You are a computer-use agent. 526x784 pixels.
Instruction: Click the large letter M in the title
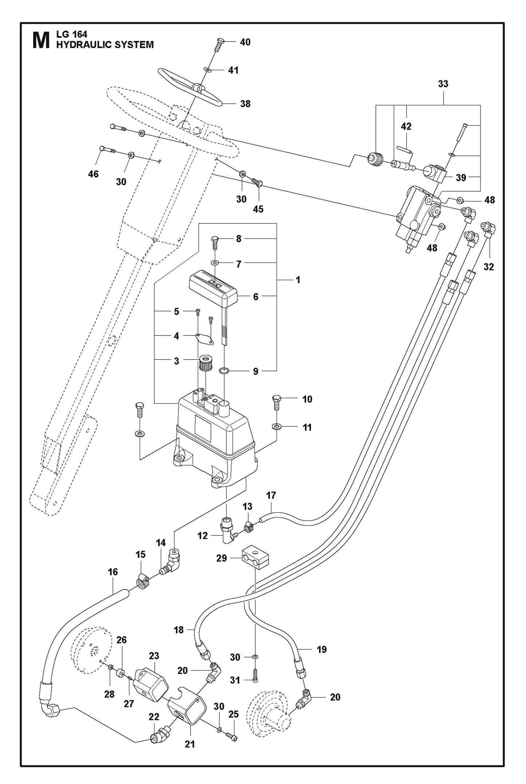tap(41, 40)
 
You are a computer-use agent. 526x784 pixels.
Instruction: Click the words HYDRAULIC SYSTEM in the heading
tap(105, 45)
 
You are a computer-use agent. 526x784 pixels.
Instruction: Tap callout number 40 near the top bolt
tap(245, 42)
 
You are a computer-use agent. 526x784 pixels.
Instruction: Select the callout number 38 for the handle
tap(245, 104)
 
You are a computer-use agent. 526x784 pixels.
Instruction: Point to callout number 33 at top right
tap(443, 84)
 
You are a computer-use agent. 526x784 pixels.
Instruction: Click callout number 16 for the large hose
tap(113, 572)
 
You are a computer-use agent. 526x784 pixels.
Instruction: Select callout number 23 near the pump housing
tap(154, 656)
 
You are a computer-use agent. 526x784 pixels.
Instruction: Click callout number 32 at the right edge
tap(489, 267)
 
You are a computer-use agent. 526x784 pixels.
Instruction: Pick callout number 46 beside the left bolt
tap(93, 174)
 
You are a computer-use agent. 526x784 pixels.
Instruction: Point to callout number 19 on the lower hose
tap(321, 649)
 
